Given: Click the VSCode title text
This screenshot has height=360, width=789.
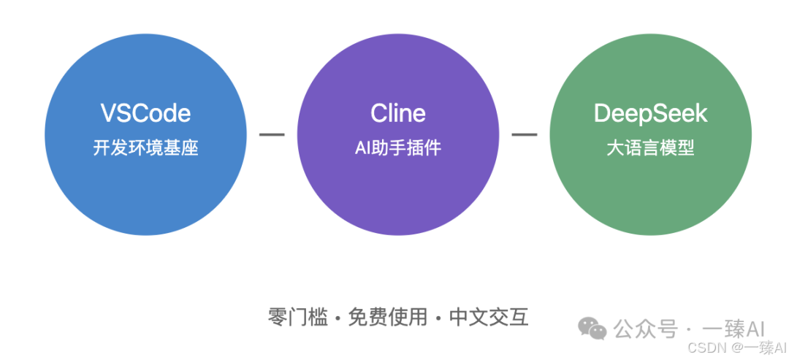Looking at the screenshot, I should click(x=145, y=113).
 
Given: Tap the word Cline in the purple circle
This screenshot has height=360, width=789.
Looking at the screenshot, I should click(x=397, y=113).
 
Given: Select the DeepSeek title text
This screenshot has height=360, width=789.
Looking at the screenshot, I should click(x=650, y=113).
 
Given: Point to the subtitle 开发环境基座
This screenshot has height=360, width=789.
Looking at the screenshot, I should click(x=145, y=148).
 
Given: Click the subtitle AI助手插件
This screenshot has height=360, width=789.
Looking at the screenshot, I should click(x=397, y=148).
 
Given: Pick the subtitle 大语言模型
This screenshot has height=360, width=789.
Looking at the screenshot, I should click(x=650, y=148).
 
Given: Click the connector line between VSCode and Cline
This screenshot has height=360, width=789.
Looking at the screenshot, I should click(x=272, y=134).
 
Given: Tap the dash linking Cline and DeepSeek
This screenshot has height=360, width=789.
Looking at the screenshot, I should click(x=524, y=134).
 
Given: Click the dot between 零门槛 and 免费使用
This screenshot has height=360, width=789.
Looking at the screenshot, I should click(x=338, y=318).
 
